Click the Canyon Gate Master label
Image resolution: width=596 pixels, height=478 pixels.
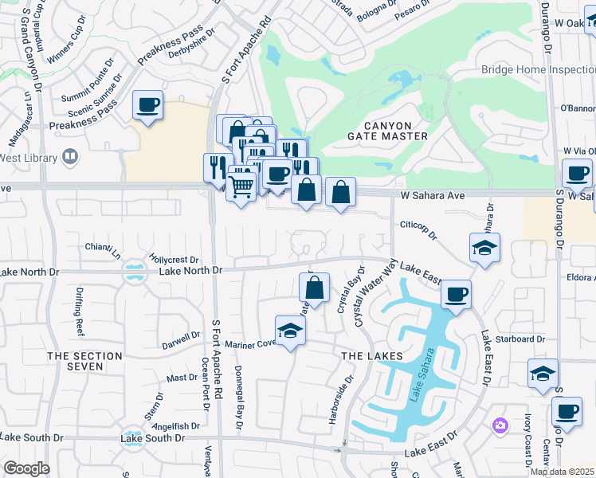click(x=396, y=131)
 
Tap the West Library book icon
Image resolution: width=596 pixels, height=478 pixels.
click(x=71, y=156)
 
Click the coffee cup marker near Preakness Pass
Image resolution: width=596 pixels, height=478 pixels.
click(x=148, y=105)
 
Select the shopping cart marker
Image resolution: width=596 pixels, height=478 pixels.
click(x=241, y=187)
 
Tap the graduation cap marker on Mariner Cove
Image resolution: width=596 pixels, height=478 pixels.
click(x=290, y=331)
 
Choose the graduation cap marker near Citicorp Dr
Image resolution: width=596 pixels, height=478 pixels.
click(x=484, y=248)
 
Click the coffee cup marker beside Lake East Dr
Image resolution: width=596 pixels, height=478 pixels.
click(x=456, y=294)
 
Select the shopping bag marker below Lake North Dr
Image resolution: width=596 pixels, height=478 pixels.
click(x=315, y=288)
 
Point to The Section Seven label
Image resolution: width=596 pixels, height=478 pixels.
click(x=85, y=361)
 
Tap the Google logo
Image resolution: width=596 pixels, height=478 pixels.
click(x=26, y=468)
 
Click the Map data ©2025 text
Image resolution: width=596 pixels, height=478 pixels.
click(x=563, y=472)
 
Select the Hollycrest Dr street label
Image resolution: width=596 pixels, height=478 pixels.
click(x=173, y=260)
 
